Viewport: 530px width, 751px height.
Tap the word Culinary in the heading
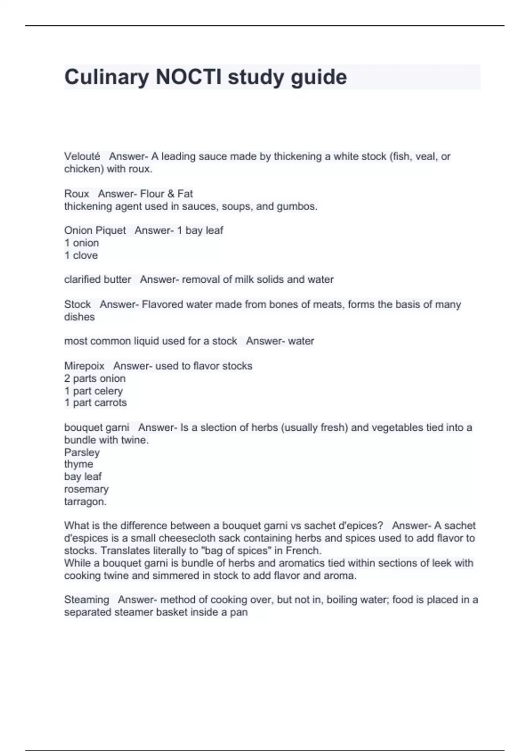pos(106,78)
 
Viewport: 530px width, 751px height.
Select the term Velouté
pos(82,156)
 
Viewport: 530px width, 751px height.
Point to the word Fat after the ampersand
pos(185,193)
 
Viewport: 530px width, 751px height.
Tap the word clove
pos(85,255)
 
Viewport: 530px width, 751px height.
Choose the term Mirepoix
pos(84,366)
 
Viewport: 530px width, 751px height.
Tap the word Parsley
pos(82,452)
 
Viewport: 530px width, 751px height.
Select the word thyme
pos(79,464)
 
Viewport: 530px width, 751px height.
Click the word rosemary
pos(86,489)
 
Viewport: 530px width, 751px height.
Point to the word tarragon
pos(85,502)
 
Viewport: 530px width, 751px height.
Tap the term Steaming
pos(87,599)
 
